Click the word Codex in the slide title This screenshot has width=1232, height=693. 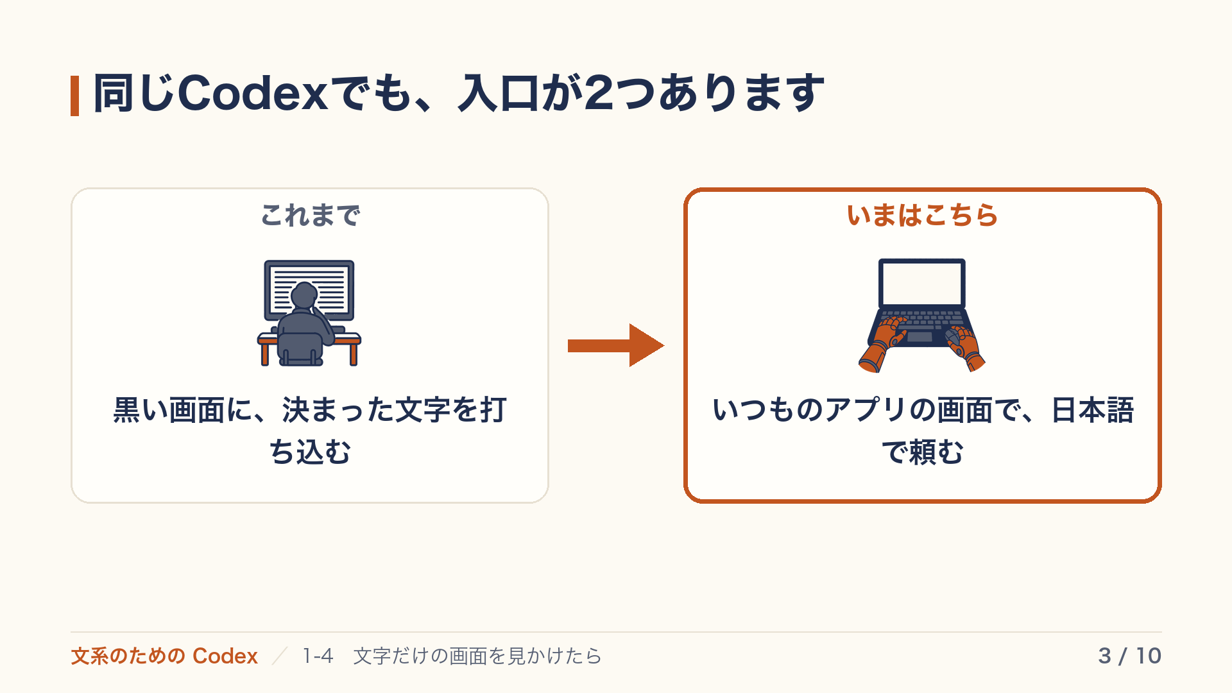[x=253, y=93]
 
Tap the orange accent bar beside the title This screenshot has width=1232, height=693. [x=74, y=96]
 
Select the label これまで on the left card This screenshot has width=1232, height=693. [x=310, y=216]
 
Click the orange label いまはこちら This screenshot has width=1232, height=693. [x=922, y=216]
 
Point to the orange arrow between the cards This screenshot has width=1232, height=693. [x=616, y=345]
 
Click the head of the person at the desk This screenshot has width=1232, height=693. [x=304, y=296]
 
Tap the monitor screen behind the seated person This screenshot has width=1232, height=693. [x=309, y=289]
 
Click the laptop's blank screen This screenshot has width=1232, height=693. [x=922, y=284]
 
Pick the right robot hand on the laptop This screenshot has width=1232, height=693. [x=965, y=347]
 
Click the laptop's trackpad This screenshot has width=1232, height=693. [x=920, y=337]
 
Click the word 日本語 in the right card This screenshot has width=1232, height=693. [x=1093, y=410]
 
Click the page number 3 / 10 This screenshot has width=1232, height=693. [x=1129, y=656]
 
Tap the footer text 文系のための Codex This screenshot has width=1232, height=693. [x=164, y=656]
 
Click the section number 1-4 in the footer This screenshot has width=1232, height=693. [x=318, y=656]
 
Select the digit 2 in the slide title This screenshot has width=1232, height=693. [x=599, y=93]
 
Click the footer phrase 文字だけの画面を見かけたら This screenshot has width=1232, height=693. [x=477, y=656]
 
